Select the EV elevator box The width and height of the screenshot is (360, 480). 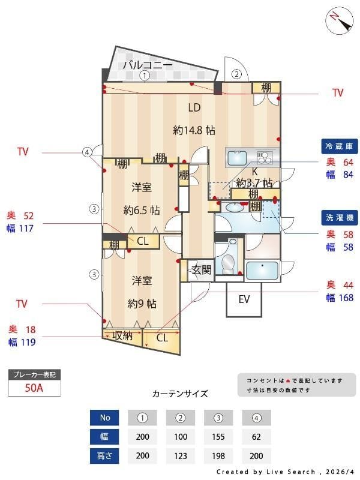[x=244, y=299]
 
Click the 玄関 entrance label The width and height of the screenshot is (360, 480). [x=200, y=270]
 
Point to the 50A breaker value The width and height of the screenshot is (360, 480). [x=34, y=388]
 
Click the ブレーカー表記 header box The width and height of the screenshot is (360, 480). [x=34, y=375]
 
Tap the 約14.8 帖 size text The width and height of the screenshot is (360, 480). [x=194, y=130]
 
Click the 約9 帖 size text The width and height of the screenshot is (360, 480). [x=142, y=304]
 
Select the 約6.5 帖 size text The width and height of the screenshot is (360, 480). [x=142, y=210]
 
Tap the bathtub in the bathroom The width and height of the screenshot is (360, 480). [x=262, y=270]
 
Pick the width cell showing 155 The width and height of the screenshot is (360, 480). [x=218, y=437]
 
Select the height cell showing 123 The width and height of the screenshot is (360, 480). [x=181, y=455]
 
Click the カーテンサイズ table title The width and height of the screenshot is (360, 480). [x=180, y=394]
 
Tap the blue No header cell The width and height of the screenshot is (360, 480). [x=105, y=418]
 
